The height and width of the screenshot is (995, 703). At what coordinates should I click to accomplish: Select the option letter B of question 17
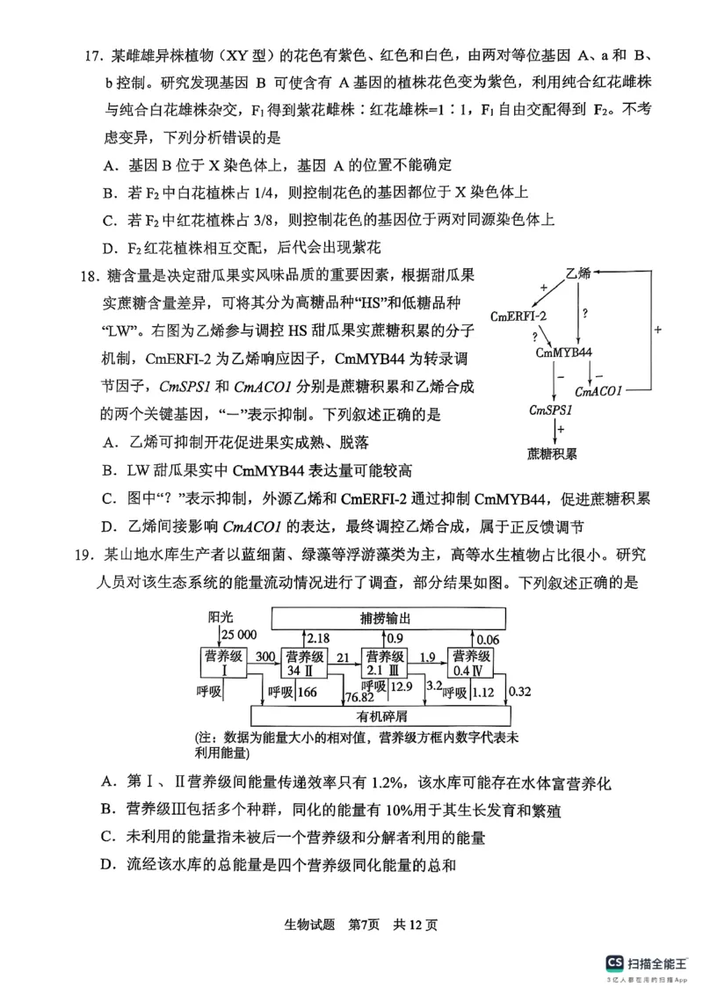click(109, 192)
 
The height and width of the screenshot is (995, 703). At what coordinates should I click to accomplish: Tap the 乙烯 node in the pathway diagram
click(578, 272)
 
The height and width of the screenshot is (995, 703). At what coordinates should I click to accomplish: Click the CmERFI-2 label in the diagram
click(518, 316)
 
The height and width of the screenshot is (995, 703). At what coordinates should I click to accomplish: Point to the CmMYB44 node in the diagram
click(563, 352)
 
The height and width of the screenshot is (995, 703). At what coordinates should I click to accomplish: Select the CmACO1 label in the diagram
click(598, 390)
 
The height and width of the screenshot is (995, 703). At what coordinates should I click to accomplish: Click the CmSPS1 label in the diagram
click(551, 410)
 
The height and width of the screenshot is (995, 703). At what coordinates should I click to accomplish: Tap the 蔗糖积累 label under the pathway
click(552, 454)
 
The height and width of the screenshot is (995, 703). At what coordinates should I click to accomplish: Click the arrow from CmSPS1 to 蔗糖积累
click(553, 431)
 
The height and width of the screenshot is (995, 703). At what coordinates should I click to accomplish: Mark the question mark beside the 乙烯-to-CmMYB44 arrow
click(584, 312)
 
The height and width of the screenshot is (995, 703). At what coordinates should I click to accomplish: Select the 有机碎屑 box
click(382, 715)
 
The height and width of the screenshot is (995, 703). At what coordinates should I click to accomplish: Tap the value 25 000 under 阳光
click(238, 635)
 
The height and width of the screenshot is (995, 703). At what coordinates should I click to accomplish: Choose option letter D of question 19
click(109, 865)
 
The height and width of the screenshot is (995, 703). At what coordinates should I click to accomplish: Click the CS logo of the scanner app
click(615, 963)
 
